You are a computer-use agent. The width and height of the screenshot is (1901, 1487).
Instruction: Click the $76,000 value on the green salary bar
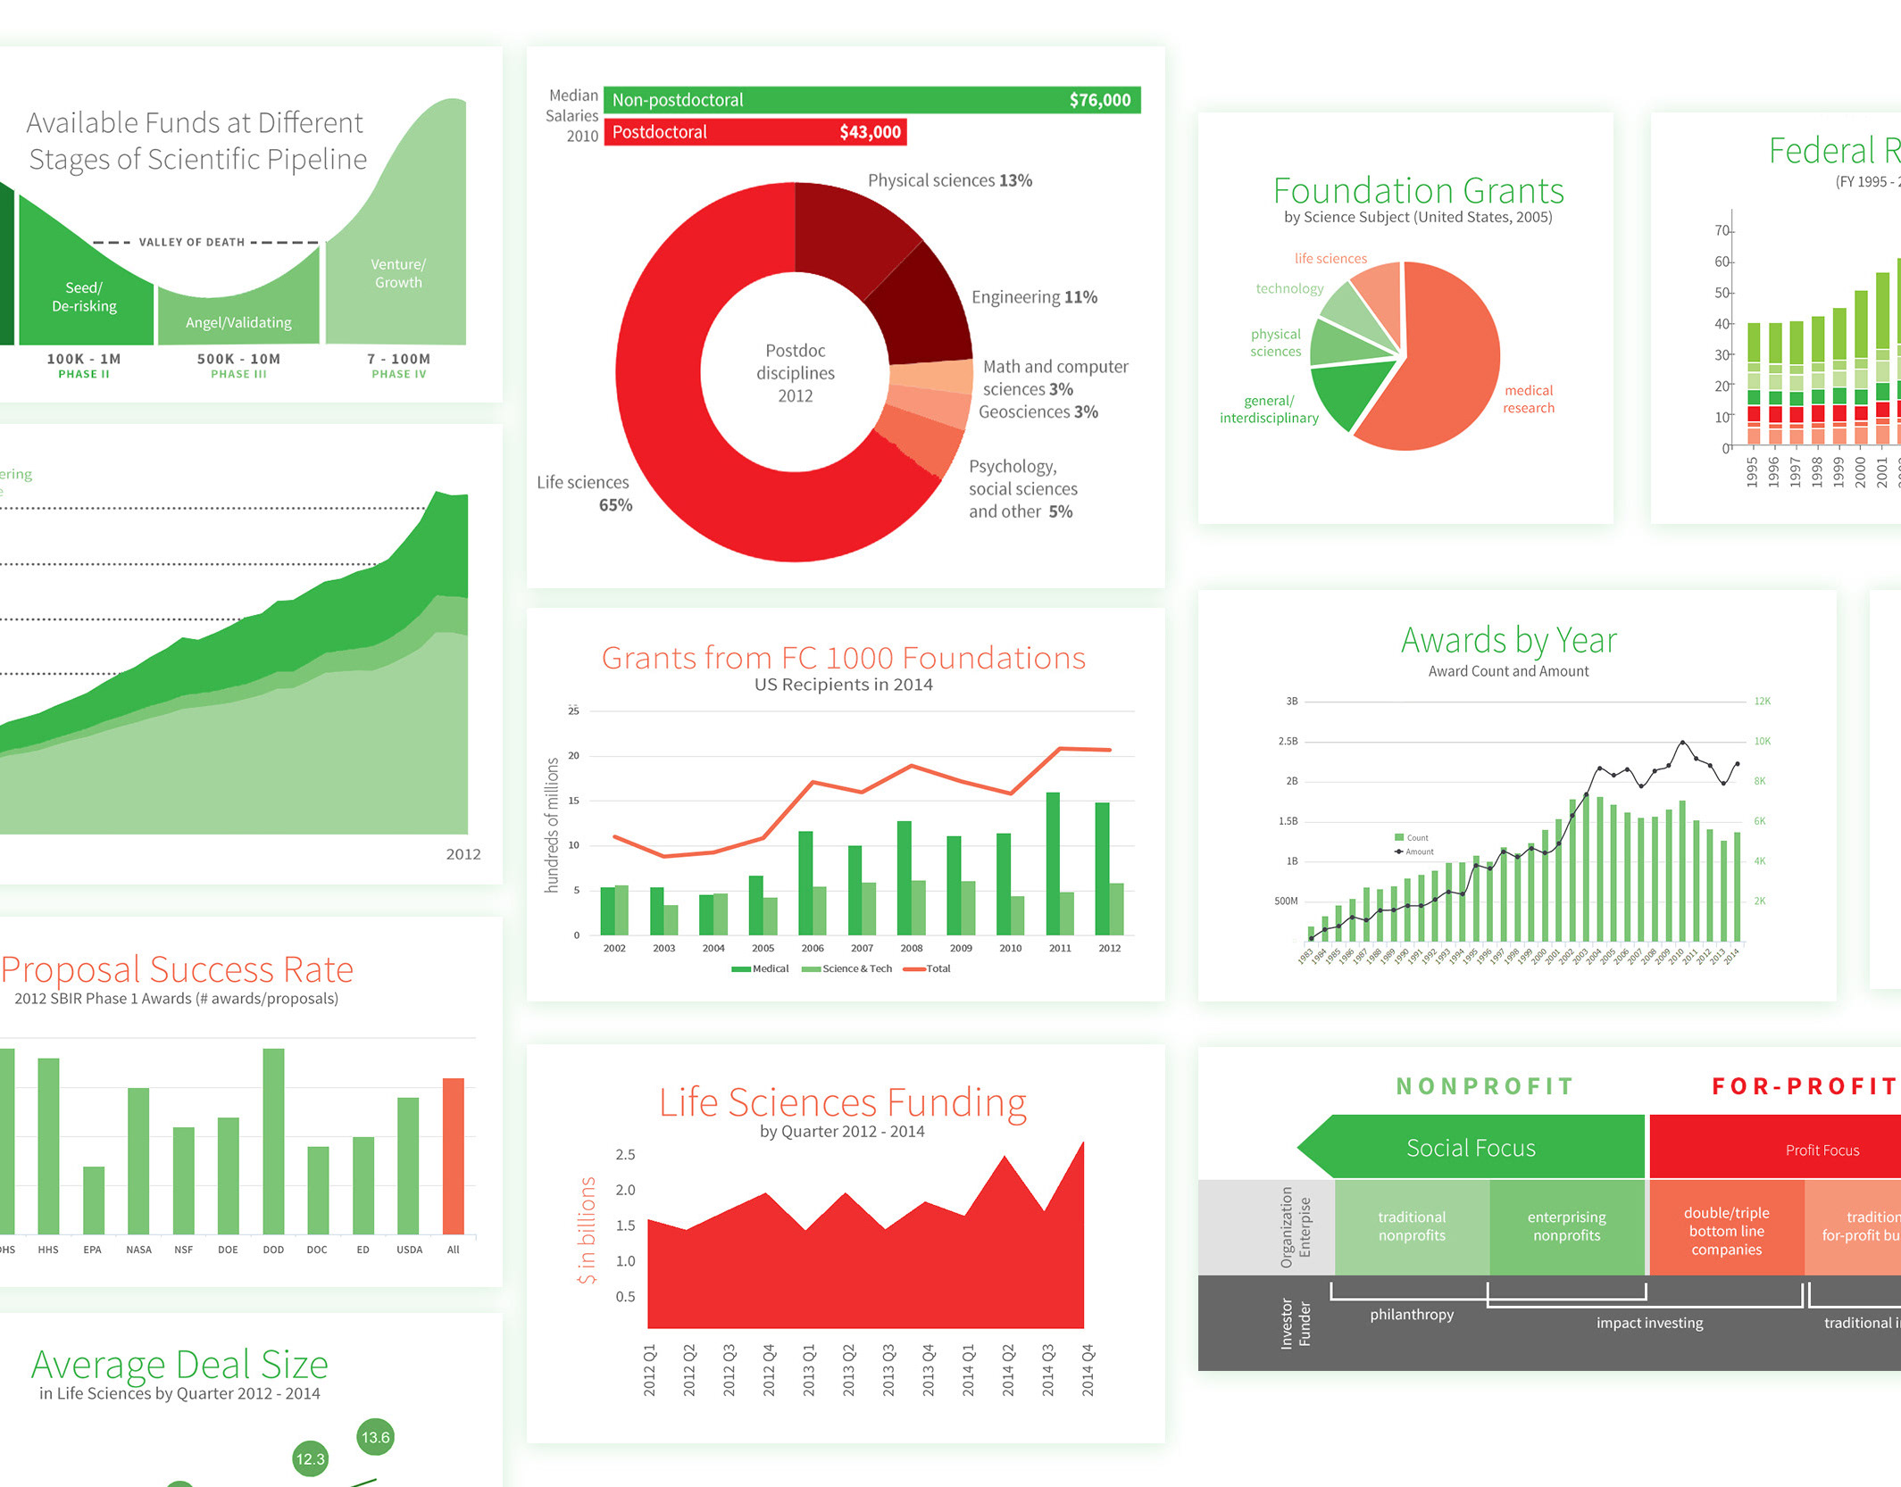tap(1099, 100)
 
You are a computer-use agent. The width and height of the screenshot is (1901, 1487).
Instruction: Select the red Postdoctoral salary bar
tap(755, 132)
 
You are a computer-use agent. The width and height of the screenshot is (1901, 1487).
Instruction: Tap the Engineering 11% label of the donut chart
tap(1034, 297)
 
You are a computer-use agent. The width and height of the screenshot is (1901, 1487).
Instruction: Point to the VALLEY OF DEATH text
tap(191, 242)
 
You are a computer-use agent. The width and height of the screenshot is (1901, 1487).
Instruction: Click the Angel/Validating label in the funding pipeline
tap(238, 322)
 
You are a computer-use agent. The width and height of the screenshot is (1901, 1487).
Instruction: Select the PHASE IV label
tap(398, 374)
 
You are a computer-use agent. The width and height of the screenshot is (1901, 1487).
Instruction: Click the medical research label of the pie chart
tap(1528, 399)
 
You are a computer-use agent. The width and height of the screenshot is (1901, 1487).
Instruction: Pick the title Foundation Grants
tap(1418, 191)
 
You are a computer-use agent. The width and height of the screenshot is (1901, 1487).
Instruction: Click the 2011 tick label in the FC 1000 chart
tap(1060, 948)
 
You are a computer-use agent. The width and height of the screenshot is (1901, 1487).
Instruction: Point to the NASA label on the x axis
tap(138, 1250)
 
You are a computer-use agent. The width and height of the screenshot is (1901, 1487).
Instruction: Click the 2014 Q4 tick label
tap(1088, 1369)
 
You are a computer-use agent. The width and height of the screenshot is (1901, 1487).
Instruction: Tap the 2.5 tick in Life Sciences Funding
tap(625, 1154)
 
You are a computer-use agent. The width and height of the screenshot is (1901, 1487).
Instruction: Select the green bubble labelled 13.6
tap(375, 1437)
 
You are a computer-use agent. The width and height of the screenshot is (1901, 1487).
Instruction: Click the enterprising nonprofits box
tap(1566, 1226)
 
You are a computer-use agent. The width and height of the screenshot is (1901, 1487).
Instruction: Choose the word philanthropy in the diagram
tap(1412, 1314)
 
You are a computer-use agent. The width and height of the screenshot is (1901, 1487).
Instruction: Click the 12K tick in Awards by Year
tap(1762, 702)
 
